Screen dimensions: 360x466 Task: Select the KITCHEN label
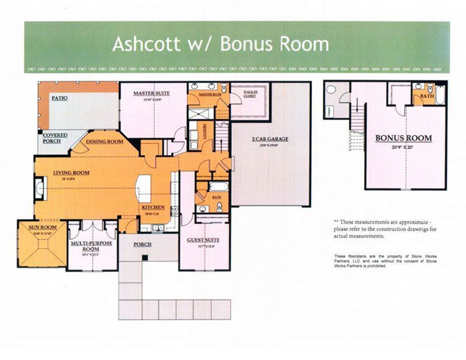pos(152,208)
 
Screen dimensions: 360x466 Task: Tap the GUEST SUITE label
pos(201,240)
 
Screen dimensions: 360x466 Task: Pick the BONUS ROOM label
pos(403,138)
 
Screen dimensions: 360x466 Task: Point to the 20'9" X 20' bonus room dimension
pos(403,147)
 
